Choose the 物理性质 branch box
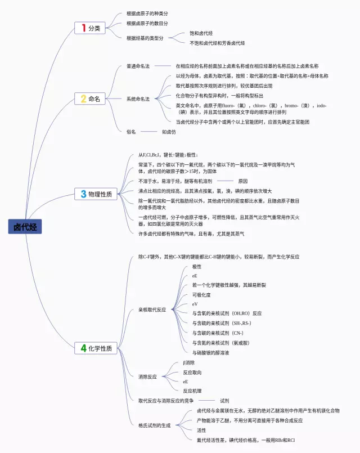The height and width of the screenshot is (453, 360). tap(96, 194)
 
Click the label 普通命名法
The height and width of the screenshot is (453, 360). tap(138, 66)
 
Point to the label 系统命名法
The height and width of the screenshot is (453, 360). tap(138, 99)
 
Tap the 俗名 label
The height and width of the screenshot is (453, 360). tap(131, 132)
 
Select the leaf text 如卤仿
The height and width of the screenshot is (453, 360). tap(169, 132)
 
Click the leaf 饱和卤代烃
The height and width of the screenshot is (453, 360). tap(201, 33)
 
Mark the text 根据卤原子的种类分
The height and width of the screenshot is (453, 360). tap(147, 13)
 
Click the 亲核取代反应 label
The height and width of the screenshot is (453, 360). tap(152, 310)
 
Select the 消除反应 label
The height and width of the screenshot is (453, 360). tap(147, 376)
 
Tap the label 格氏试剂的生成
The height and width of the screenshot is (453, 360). tap(154, 425)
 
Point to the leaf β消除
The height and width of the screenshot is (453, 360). tap(188, 363)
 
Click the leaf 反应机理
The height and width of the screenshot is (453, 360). tap(192, 391)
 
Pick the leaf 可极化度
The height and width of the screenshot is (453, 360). tap(201, 294)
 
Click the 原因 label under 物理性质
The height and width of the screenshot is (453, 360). tap(242, 181)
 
